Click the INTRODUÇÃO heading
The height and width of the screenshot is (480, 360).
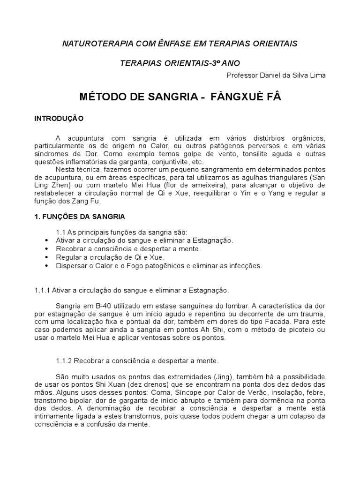59,119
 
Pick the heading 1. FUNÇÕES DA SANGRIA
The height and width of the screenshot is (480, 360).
80,217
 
